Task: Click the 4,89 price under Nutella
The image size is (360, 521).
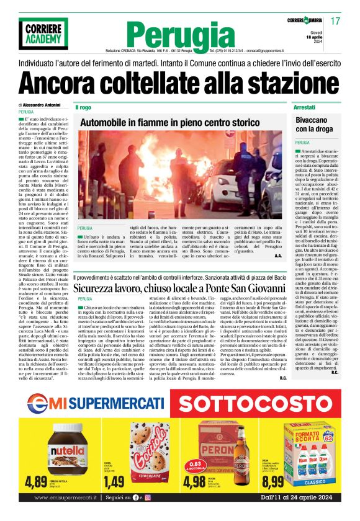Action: coord(36,482)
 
